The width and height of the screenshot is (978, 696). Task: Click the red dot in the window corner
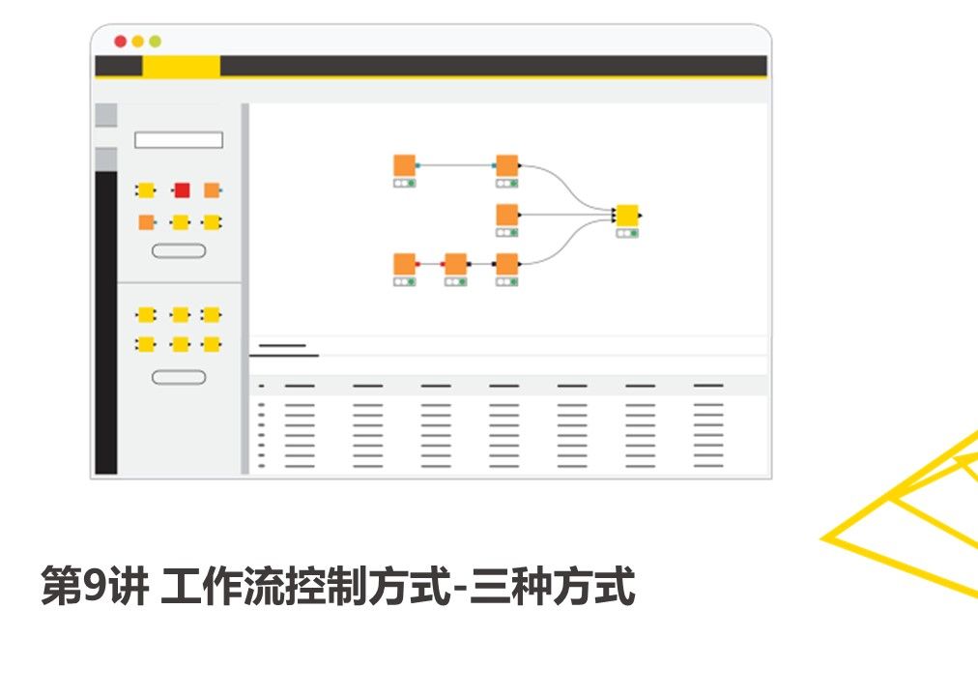click(x=121, y=42)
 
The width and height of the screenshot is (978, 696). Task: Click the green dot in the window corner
click(x=155, y=42)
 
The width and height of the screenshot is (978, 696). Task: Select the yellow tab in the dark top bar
click(x=181, y=66)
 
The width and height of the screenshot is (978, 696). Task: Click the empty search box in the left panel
click(x=179, y=140)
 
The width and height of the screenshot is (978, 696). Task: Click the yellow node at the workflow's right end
click(x=627, y=215)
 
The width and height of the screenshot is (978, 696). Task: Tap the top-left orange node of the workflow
click(x=405, y=165)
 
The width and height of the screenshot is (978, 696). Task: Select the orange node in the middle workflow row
click(x=506, y=215)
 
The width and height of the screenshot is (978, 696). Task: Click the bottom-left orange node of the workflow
click(x=405, y=264)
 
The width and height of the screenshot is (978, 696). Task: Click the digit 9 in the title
click(x=93, y=587)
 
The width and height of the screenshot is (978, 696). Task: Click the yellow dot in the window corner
click(x=138, y=42)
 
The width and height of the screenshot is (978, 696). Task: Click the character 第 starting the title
click(x=61, y=587)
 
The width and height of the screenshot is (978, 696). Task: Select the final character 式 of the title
click(x=616, y=587)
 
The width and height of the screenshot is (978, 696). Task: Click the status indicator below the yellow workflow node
click(x=627, y=233)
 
